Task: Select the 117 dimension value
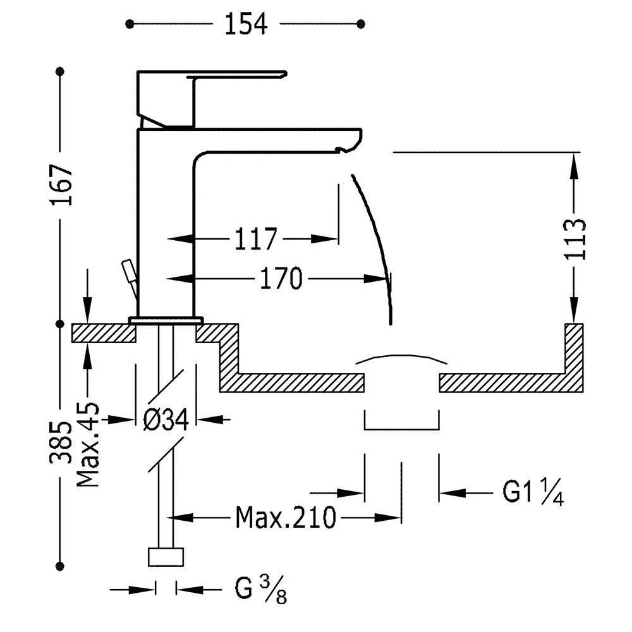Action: pyautogui.click(x=257, y=240)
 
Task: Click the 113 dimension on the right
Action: pyautogui.click(x=575, y=239)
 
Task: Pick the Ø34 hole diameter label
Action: pyautogui.click(x=166, y=420)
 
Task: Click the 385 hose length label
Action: pyautogui.click(x=61, y=442)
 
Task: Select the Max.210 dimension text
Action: pyautogui.click(x=285, y=518)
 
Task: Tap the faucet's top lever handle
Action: pyautogui.click(x=237, y=75)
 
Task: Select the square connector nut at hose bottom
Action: pyautogui.click(x=166, y=557)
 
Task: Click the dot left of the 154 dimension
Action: pyautogui.click(x=129, y=24)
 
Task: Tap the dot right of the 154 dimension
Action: pyautogui.click(x=361, y=24)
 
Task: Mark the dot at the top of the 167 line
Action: pyautogui.click(x=61, y=71)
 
